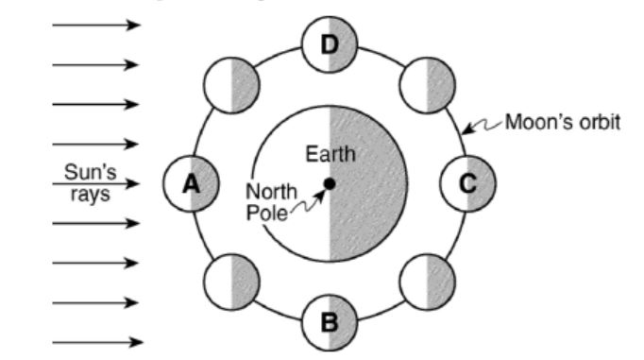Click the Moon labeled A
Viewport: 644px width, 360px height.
[x=192, y=183]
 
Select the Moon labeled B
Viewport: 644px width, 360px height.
[x=330, y=322]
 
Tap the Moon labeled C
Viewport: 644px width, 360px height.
[x=467, y=183]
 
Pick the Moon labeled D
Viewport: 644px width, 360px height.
[x=330, y=44]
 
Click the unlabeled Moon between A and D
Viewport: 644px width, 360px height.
[x=231, y=85]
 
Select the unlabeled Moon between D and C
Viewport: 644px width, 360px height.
[x=428, y=85]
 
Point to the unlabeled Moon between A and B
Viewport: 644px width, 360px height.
[x=231, y=282]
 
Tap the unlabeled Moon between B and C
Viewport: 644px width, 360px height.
[x=428, y=282]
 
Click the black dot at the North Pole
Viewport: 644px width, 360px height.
[x=330, y=183]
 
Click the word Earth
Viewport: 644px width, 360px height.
[x=330, y=155]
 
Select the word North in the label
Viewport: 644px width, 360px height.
[x=271, y=192]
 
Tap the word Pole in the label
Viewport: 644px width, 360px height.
[x=266, y=213]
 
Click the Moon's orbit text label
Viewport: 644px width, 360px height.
[x=562, y=123]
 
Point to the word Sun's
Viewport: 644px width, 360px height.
[x=91, y=172]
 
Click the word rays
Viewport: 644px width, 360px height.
[x=91, y=194]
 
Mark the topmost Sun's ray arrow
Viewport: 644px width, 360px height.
[x=96, y=26]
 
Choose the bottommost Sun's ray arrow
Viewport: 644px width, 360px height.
[x=97, y=342]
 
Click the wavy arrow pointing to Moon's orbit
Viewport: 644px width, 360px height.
[x=482, y=126]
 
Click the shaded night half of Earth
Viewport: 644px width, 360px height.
[x=367, y=183]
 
